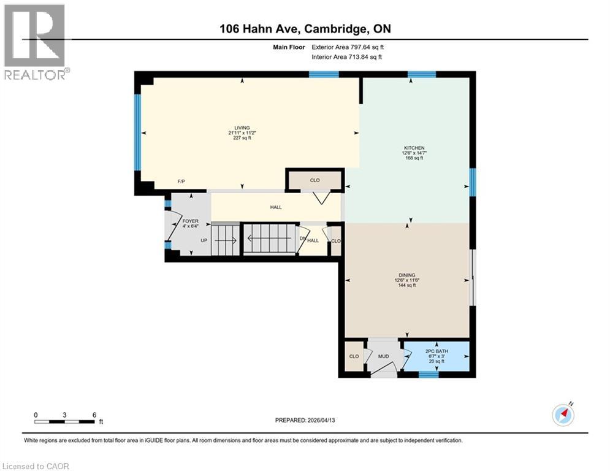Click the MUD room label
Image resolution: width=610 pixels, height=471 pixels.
pos(383,356)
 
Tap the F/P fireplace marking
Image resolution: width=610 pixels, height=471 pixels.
pos(181,182)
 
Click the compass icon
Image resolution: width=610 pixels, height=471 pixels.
pos(563,415)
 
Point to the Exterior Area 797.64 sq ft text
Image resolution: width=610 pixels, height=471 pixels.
pos(348,47)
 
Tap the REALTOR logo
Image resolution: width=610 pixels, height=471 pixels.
pos(35,41)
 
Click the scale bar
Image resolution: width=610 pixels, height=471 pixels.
pos(64,421)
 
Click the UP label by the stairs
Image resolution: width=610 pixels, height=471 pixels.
pos(203,240)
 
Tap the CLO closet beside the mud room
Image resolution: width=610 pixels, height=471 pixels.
pos(354,356)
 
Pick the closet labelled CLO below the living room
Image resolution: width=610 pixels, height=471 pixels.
pos(315,180)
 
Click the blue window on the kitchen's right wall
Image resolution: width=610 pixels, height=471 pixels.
pos(472,182)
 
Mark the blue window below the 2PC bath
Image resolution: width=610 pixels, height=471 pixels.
pos(429,374)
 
